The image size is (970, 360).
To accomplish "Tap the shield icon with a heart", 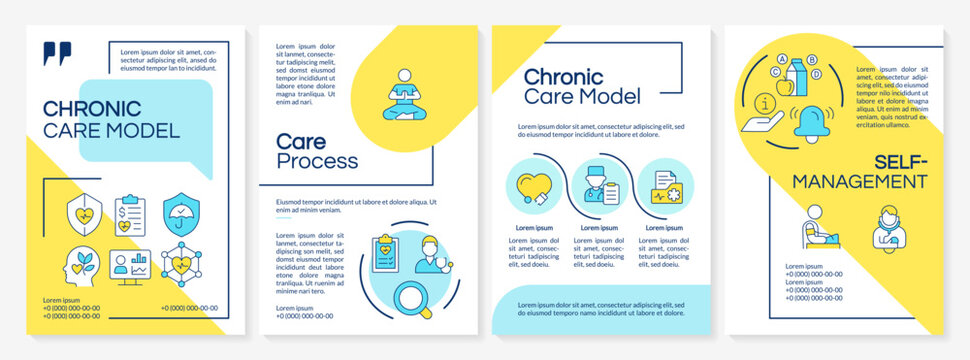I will [82, 213].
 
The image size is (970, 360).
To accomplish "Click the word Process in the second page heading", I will [317, 161].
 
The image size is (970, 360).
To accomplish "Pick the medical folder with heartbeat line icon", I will [664, 188].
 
